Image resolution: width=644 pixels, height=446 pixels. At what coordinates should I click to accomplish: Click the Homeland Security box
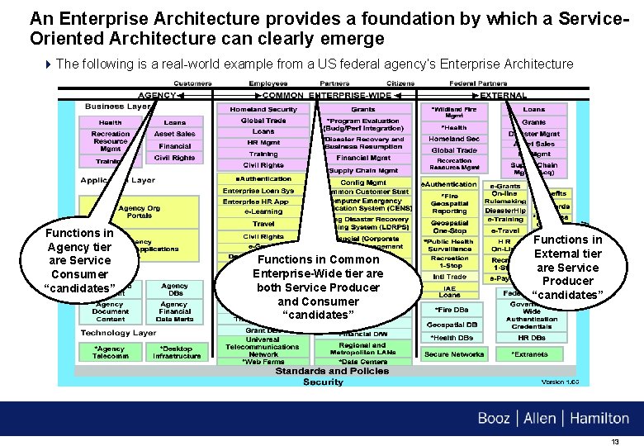263,109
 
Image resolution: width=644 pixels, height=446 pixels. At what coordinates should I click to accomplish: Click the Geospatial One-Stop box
449,226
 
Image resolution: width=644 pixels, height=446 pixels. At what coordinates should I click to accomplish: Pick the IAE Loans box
450,290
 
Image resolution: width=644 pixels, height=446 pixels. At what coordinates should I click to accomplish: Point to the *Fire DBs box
450,309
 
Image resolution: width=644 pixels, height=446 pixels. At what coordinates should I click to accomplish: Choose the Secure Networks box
453,354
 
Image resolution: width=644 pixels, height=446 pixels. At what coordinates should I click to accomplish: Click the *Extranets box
529,354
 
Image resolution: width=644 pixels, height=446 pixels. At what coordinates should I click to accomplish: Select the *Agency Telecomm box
110,352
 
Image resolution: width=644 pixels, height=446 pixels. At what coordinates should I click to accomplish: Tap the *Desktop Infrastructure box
176,352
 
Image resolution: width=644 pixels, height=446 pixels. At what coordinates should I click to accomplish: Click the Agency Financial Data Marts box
174,311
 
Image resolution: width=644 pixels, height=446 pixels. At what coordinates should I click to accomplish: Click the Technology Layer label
117,332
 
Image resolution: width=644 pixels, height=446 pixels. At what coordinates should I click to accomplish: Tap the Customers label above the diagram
191,84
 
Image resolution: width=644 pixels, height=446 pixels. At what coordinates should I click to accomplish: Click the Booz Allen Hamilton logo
553,418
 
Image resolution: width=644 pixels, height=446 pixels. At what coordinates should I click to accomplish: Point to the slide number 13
615,441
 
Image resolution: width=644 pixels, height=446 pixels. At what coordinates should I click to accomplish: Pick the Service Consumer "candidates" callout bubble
79,259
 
